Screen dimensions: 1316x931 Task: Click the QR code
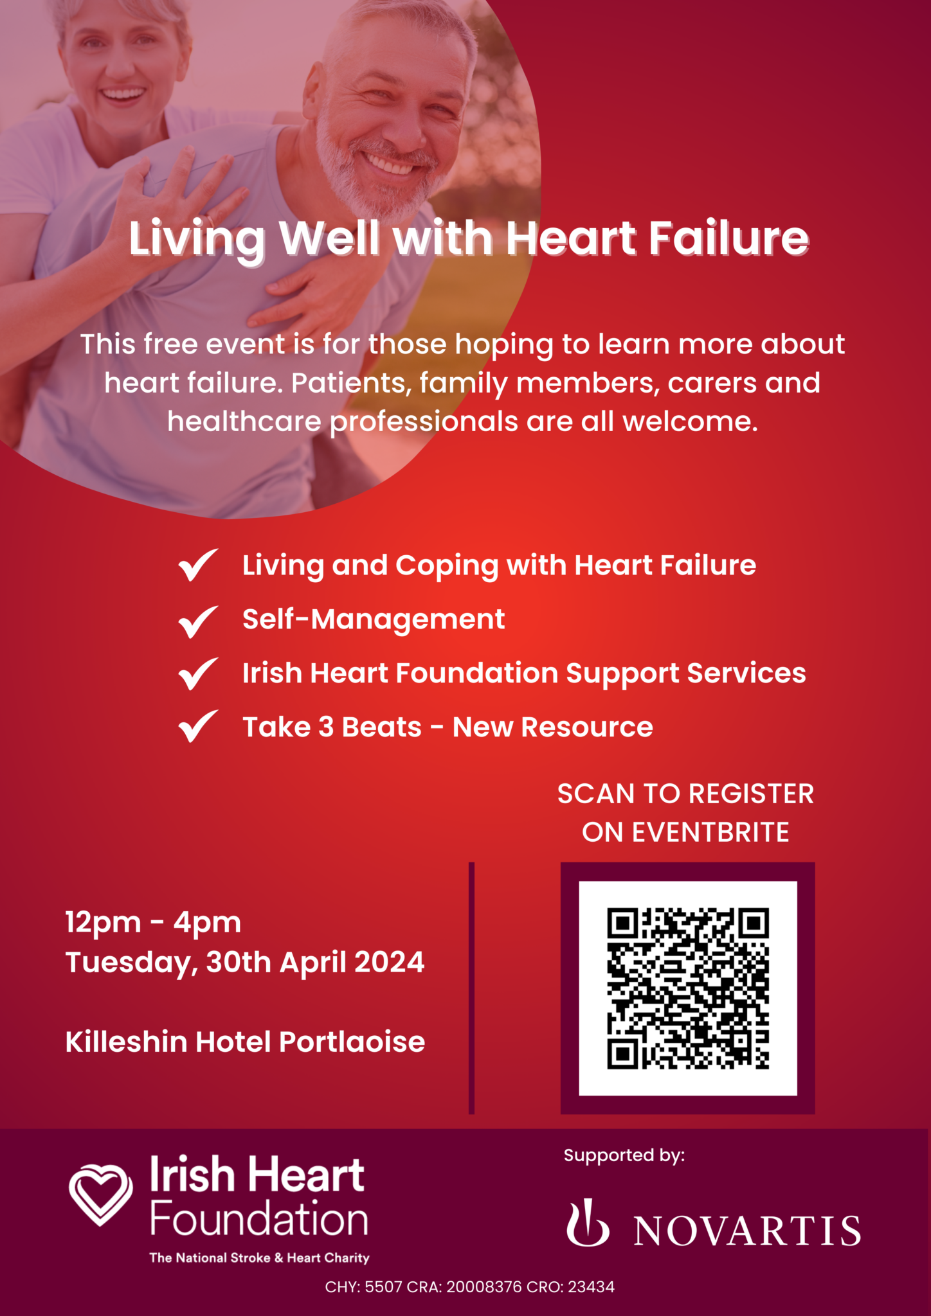point(687,988)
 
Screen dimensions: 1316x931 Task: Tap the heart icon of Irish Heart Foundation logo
point(100,1194)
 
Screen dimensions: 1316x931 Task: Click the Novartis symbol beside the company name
point(587,1222)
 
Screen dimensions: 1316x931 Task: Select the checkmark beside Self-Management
point(198,621)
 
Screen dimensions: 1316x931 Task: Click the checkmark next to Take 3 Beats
point(198,727)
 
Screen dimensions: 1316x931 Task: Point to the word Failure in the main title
point(728,238)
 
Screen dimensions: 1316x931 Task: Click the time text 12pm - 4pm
point(153,923)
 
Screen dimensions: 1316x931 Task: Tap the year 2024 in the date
point(389,963)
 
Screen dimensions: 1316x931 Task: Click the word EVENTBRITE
point(710,833)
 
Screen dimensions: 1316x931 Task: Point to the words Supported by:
point(624,1155)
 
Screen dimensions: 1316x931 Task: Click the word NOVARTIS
point(747,1231)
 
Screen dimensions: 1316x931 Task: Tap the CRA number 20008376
point(484,1287)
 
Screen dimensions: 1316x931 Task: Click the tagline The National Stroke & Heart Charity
point(259,1258)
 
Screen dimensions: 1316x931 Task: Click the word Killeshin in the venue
point(127,1042)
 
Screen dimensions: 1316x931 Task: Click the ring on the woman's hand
point(210,220)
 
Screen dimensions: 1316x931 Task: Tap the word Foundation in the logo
point(259,1220)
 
